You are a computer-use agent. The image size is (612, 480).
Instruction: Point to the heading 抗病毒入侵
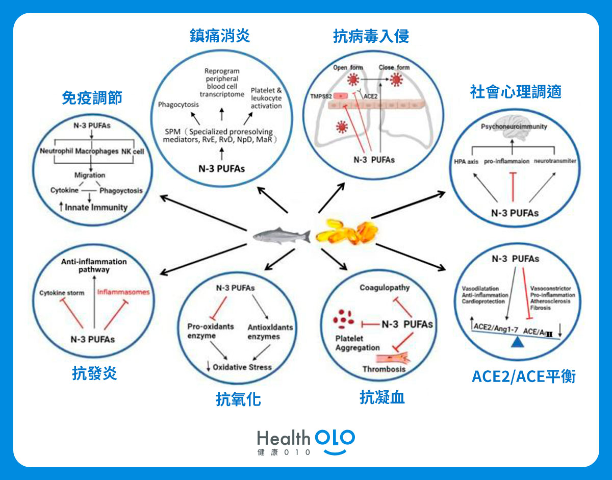click(x=371, y=36)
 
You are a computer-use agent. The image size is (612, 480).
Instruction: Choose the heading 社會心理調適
click(x=516, y=92)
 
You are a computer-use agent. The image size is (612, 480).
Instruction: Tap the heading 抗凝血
click(x=382, y=397)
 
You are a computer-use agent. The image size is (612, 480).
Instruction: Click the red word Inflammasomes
click(x=123, y=293)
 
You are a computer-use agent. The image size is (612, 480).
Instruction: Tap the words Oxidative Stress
click(x=242, y=367)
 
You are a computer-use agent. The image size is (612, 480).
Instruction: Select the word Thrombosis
click(x=384, y=369)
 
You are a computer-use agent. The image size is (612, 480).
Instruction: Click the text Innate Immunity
click(x=96, y=208)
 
